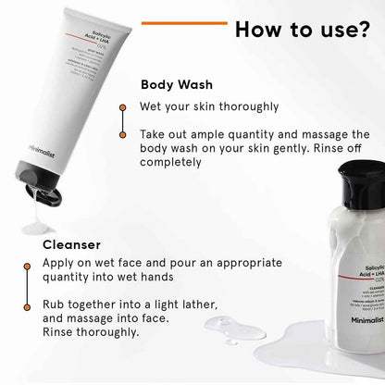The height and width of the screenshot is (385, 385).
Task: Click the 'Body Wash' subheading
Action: tap(178, 84)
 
